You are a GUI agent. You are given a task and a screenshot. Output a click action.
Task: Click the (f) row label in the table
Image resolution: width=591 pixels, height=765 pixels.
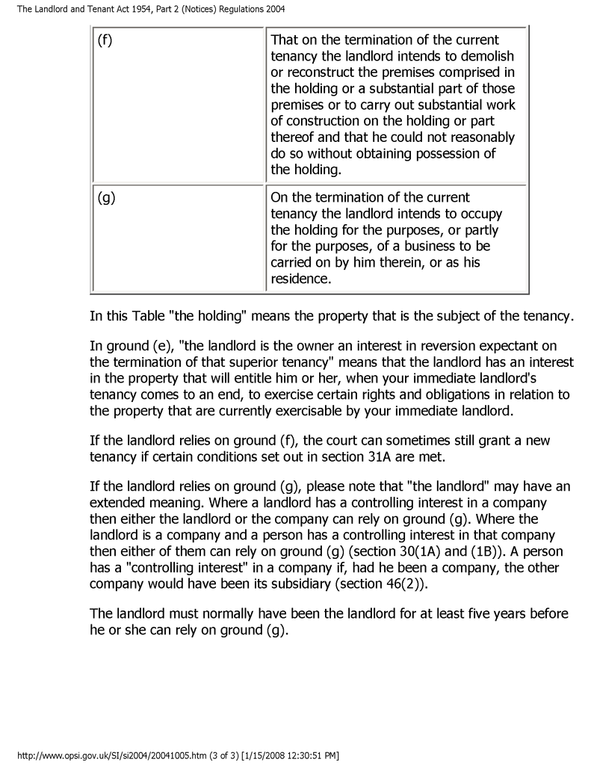pyautogui.click(x=105, y=40)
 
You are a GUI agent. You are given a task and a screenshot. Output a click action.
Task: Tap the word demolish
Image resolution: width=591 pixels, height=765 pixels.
pyautogui.click(x=489, y=56)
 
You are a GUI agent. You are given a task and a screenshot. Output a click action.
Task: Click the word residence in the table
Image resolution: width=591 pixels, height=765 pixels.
pyautogui.click(x=300, y=279)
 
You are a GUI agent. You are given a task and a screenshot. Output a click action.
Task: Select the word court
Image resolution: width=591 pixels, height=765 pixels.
pyautogui.click(x=349, y=438)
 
